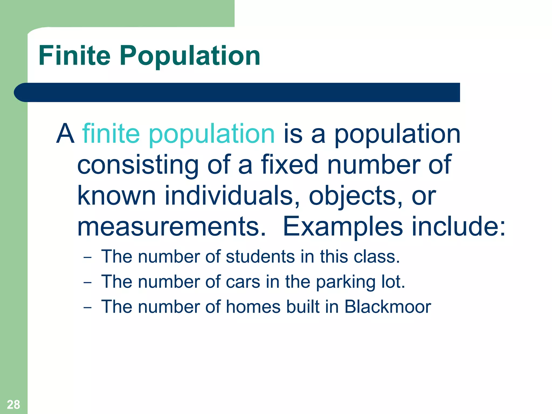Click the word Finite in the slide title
(74, 56)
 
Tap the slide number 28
(13, 405)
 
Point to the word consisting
(138, 165)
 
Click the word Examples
(343, 227)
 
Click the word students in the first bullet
(260, 256)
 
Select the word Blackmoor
(388, 307)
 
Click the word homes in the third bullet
(253, 307)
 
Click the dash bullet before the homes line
(87, 308)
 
